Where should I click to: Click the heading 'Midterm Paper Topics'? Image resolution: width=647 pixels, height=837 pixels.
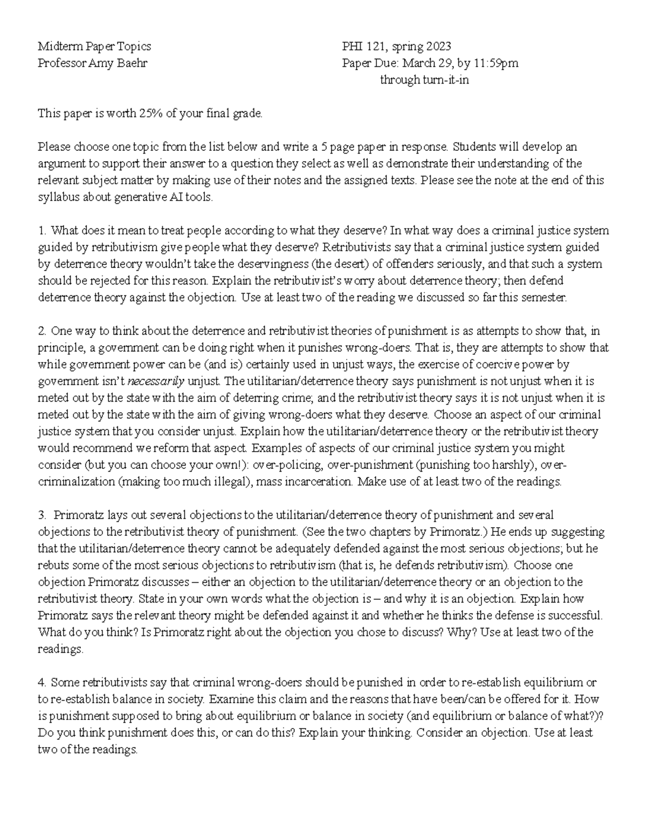(94, 46)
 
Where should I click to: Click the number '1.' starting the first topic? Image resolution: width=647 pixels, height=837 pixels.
(42, 231)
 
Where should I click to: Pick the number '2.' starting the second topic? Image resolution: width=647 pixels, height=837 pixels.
(43, 331)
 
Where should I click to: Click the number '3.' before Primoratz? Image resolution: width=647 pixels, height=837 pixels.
(43, 515)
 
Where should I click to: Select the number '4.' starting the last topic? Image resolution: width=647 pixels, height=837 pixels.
(43, 682)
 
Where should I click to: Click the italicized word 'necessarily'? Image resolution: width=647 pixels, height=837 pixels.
(155, 381)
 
